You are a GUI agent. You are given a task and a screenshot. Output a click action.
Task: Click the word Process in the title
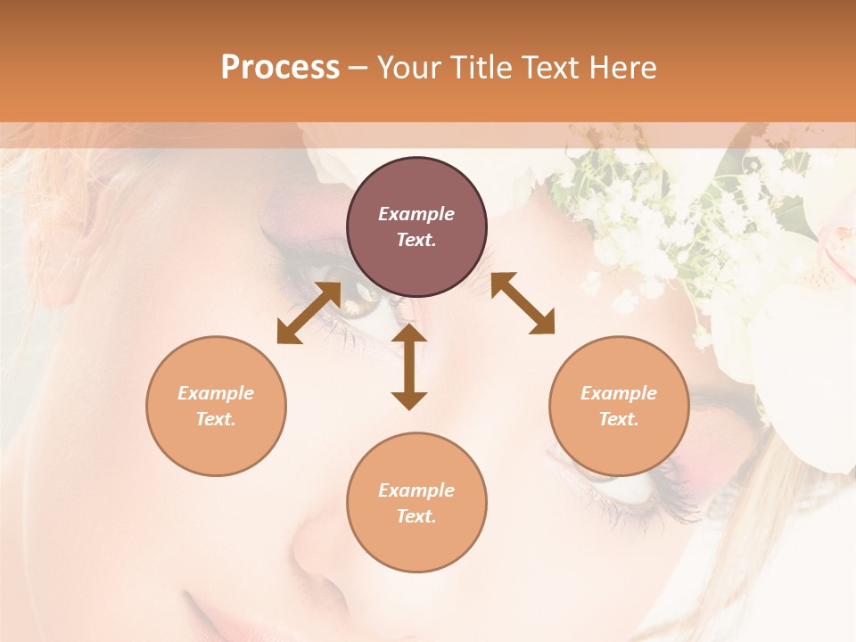point(280,68)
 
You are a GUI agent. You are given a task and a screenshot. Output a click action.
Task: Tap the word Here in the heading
point(623,68)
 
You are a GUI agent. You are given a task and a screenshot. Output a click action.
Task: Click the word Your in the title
point(409,68)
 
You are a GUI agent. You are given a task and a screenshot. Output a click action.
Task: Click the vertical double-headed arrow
point(409,366)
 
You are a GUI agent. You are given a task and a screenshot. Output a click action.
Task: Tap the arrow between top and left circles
point(309,313)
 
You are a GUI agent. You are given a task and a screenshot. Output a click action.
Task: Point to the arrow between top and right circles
point(523,303)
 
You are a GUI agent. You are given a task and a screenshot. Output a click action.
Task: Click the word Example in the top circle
point(416,214)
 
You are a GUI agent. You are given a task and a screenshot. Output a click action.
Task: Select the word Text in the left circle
point(216,419)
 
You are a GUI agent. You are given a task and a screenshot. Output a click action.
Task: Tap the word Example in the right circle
point(619,393)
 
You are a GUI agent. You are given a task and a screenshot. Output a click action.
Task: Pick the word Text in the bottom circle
point(416,516)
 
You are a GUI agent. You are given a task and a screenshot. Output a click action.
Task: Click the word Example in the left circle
point(216,393)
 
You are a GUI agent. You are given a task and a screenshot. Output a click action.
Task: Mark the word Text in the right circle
point(619,419)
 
